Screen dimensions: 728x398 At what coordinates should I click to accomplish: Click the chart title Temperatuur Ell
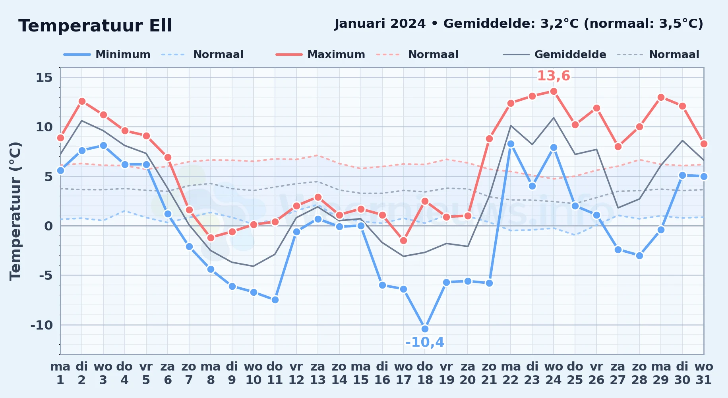click(95, 26)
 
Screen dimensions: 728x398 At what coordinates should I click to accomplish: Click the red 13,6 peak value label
click(554, 76)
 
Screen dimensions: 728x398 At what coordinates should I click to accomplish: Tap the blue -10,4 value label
click(425, 342)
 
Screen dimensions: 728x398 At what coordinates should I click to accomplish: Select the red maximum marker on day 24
click(554, 92)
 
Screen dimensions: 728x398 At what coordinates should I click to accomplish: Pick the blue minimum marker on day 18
click(425, 329)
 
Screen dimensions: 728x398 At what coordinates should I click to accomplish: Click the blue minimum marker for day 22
click(511, 144)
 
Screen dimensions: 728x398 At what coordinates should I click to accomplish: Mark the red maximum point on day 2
click(82, 101)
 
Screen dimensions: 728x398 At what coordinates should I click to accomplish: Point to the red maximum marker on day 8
click(211, 238)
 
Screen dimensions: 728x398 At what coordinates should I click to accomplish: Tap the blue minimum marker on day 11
click(275, 300)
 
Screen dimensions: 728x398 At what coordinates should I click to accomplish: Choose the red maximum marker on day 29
click(661, 98)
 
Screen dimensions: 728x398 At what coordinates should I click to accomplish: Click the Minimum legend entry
click(107, 55)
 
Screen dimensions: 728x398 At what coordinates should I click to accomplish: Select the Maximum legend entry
click(320, 55)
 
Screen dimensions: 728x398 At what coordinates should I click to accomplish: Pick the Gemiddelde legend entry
click(555, 55)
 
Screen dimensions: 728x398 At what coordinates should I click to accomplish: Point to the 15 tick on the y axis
click(44, 78)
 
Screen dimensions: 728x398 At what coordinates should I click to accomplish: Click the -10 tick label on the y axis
click(42, 325)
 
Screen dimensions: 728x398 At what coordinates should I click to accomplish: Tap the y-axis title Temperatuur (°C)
click(15, 211)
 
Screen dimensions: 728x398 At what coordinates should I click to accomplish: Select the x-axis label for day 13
click(318, 373)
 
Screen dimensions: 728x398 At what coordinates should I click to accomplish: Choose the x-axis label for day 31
click(704, 373)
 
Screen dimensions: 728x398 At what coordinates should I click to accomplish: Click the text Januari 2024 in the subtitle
click(380, 24)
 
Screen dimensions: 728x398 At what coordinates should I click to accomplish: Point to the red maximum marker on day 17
click(403, 240)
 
